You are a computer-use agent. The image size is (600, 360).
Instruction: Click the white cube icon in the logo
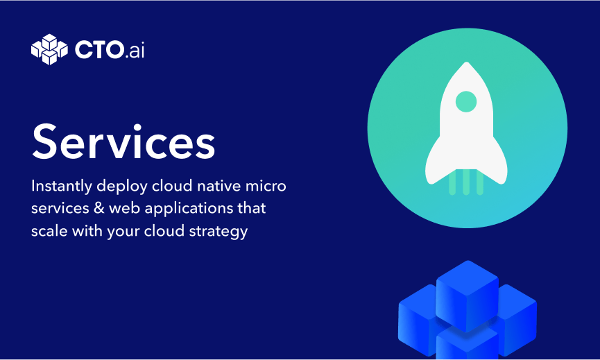pos(49,49)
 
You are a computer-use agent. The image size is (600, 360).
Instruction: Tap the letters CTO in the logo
pos(98,50)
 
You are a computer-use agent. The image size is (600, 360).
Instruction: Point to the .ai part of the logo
pos(135,50)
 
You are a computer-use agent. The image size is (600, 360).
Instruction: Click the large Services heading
pos(123,142)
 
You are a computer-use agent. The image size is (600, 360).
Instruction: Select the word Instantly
pos(62,187)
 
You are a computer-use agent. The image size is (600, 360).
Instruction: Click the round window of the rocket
pos(466,102)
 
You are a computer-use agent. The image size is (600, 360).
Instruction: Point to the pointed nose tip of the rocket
pos(466,62)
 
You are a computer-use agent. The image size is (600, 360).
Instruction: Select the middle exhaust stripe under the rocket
pos(466,182)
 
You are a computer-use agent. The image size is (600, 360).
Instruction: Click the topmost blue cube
pos(468,295)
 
